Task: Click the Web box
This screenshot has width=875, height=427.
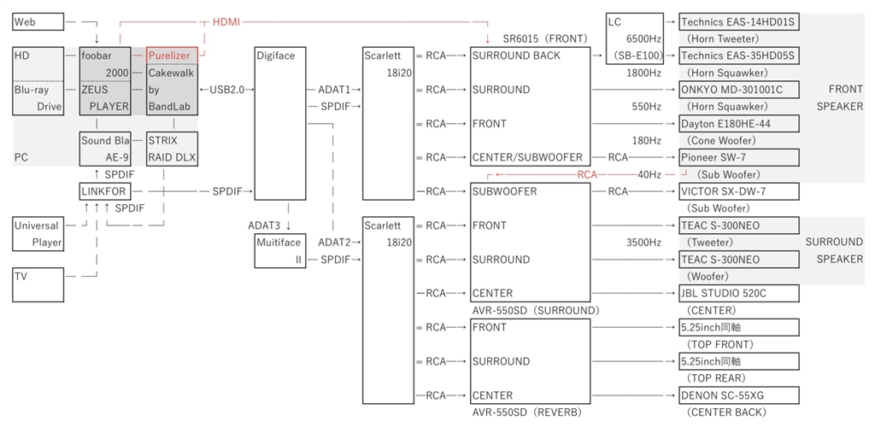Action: pyautogui.click(x=38, y=21)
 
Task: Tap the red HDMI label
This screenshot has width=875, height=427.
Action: pyautogui.click(x=226, y=21)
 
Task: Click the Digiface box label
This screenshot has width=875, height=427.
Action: pyautogui.click(x=275, y=56)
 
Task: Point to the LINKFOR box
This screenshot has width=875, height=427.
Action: pyautogui.click(x=104, y=191)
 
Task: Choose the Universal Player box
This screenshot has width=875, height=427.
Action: pyautogui.click(x=38, y=234)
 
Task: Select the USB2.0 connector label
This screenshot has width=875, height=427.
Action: pyautogui.click(x=226, y=90)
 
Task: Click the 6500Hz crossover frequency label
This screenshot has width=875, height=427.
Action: pyautogui.click(x=643, y=38)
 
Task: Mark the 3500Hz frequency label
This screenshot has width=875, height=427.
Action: pyautogui.click(x=643, y=243)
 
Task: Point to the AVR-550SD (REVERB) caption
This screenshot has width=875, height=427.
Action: pyautogui.click(x=526, y=412)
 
